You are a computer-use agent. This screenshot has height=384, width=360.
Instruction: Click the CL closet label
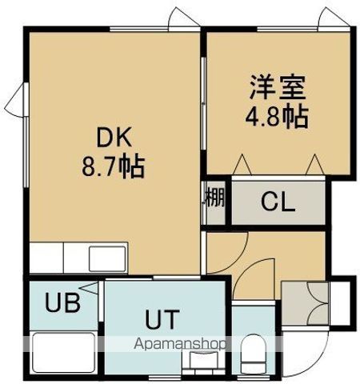tap(278, 202)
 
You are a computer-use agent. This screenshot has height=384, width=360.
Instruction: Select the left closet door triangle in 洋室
tap(241, 165)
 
